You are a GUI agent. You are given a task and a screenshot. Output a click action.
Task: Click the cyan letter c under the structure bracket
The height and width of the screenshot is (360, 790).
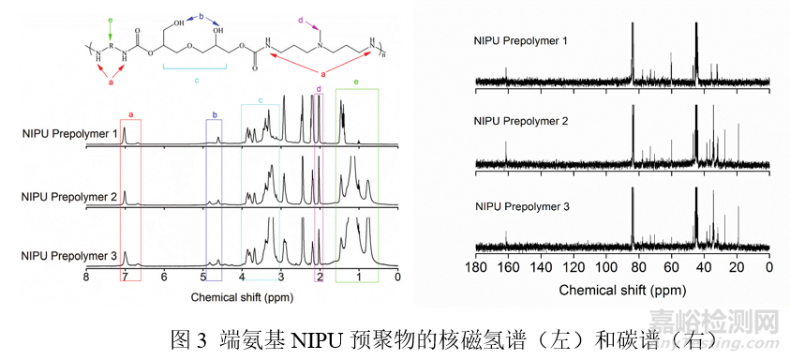pos(197,81)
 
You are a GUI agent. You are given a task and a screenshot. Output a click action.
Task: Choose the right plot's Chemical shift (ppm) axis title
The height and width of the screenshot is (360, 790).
pos(622,290)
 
